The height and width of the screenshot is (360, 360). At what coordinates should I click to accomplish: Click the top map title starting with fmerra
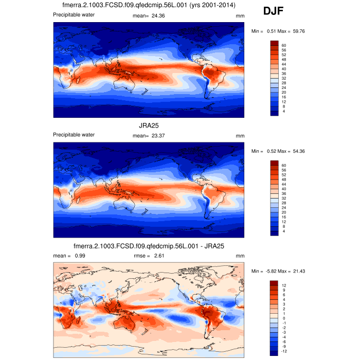[x=149, y=6]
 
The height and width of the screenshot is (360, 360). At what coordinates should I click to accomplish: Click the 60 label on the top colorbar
[x=284, y=45]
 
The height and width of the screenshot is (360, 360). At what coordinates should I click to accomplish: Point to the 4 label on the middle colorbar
[x=283, y=231]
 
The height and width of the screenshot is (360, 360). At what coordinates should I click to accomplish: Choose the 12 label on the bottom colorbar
[x=284, y=285]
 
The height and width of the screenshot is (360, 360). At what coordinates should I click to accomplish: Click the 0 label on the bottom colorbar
[x=283, y=318]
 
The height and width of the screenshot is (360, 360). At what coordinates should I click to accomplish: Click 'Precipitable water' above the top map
[x=74, y=15]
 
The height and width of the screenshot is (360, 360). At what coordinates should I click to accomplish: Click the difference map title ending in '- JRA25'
[x=149, y=246]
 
